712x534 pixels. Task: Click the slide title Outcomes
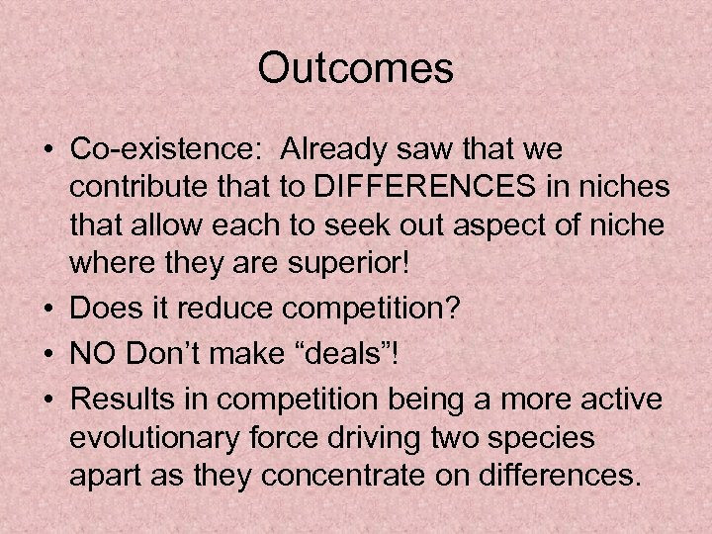(355, 69)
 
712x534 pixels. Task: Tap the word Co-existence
(164, 149)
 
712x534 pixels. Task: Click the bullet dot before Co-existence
(46, 151)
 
